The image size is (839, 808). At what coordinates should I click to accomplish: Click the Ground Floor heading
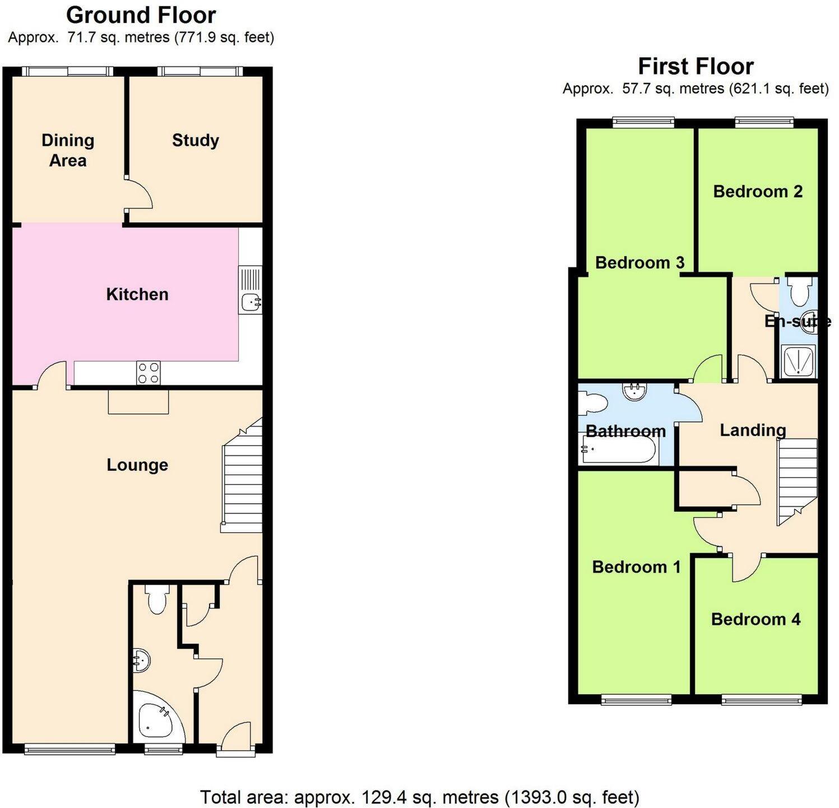pyautogui.click(x=141, y=15)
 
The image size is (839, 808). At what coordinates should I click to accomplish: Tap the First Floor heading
pyautogui.click(x=696, y=66)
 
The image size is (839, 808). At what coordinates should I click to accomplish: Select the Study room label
pyautogui.click(x=195, y=140)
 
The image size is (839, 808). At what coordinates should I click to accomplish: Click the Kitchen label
pyautogui.click(x=137, y=294)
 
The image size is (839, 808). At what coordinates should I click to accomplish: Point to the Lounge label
pyautogui.click(x=137, y=465)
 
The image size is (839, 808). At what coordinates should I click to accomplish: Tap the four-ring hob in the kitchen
pyautogui.click(x=149, y=373)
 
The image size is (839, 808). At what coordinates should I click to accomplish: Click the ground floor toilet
pyautogui.click(x=157, y=600)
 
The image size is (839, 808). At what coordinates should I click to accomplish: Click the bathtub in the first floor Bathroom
pyautogui.click(x=619, y=451)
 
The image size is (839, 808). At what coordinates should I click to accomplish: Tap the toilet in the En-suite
pyautogui.click(x=799, y=290)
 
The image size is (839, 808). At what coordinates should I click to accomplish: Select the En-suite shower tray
pyautogui.click(x=799, y=362)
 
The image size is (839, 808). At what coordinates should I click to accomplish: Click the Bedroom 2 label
pyautogui.click(x=758, y=192)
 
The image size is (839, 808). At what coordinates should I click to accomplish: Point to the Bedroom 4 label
pyautogui.click(x=755, y=619)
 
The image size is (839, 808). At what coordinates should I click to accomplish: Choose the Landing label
pyautogui.click(x=753, y=430)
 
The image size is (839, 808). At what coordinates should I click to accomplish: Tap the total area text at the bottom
pyautogui.click(x=419, y=796)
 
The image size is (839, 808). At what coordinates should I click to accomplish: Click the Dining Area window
pyautogui.click(x=67, y=71)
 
